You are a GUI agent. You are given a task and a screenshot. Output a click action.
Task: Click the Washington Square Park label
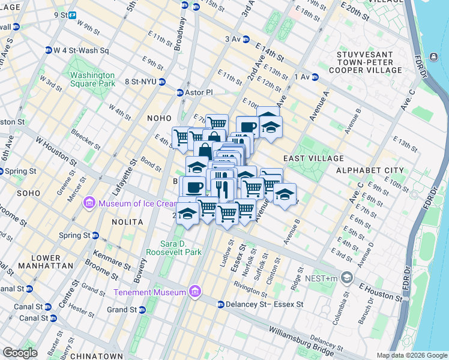coord(92,79)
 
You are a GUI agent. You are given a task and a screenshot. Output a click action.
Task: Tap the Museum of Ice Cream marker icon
coord(89,203)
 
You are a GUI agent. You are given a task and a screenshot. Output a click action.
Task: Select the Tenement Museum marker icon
coord(194,292)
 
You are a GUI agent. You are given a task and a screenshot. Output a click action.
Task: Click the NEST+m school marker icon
coord(346,277)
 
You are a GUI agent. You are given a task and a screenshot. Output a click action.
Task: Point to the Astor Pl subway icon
coord(179,93)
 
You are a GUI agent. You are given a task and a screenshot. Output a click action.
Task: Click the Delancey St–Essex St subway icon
coord(220,305)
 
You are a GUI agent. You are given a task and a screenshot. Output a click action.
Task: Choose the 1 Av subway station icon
coord(315,77)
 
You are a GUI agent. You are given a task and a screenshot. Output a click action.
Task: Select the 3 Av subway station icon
coord(245,39)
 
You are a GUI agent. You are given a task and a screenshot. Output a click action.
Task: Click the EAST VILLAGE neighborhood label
coord(313,158)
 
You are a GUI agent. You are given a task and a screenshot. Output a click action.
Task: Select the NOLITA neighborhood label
coord(127,222)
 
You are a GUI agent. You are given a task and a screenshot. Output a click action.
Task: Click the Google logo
coord(20,353)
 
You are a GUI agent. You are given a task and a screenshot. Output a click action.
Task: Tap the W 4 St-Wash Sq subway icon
coord(49,50)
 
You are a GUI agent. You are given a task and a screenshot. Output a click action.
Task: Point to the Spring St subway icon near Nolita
coord(94,236)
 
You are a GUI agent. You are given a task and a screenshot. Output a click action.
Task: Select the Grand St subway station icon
coord(142,310)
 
